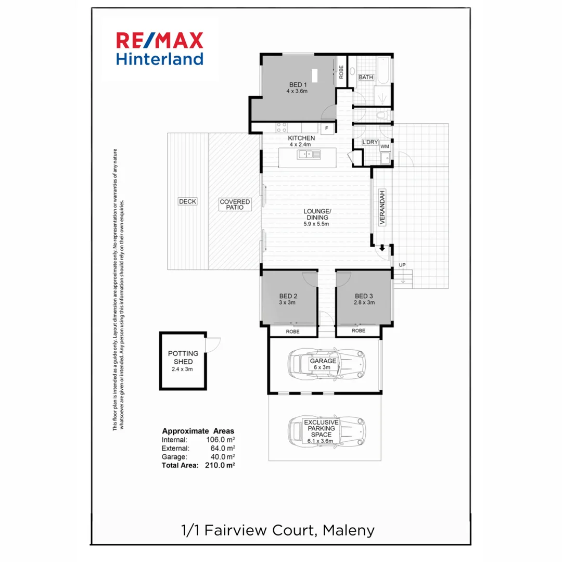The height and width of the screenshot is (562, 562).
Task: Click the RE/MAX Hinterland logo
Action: click(x=160, y=48)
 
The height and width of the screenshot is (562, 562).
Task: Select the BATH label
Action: click(x=366, y=78)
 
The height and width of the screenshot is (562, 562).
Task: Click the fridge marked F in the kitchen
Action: click(x=326, y=128)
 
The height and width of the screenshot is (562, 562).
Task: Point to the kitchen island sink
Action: click(x=306, y=154)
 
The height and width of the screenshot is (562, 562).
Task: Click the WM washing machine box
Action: click(x=385, y=147)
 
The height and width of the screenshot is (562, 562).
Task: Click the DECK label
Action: click(x=187, y=201)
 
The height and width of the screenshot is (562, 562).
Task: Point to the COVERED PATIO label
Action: click(x=235, y=204)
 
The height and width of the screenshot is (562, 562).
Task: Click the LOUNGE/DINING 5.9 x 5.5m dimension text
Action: click(x=317, y=224)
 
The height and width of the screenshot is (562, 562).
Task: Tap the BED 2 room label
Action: click(x=288, y=296)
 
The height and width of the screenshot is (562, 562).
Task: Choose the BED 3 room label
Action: click(x=363, y=296)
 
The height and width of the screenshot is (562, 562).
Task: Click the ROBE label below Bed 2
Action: click(x=292, y=330)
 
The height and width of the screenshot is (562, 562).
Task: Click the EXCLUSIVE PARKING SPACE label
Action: click(x=322, y=428)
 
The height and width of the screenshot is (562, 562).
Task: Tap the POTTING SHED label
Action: click(x=183, y=357)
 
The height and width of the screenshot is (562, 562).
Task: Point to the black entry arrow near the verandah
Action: click(x=382, y=249)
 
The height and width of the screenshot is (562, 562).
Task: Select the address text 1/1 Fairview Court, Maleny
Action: click(x=277, y=530)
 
